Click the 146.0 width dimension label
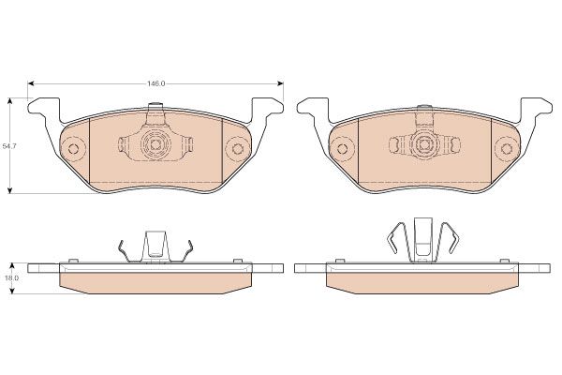tap(155, 83)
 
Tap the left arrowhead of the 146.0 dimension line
tap(31, 83)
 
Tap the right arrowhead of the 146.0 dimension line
tap(280, 83)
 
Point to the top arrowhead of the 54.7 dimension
tap(10, 100)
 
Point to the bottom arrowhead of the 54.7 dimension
tap(10, 190)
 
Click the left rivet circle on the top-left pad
tap(73, 148)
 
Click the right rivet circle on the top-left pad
tap(237, 148)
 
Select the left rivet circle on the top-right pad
tap(342, 148)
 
